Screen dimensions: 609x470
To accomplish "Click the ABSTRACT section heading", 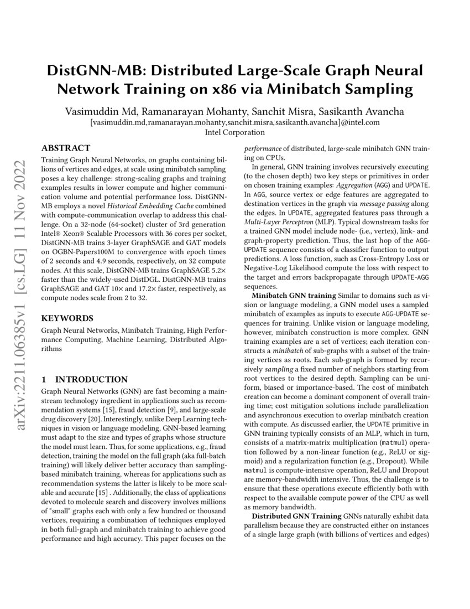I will point(66,148).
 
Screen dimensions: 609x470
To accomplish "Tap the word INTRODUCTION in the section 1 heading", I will point(92,379).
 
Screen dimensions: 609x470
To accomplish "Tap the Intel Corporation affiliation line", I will point(235,132).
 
